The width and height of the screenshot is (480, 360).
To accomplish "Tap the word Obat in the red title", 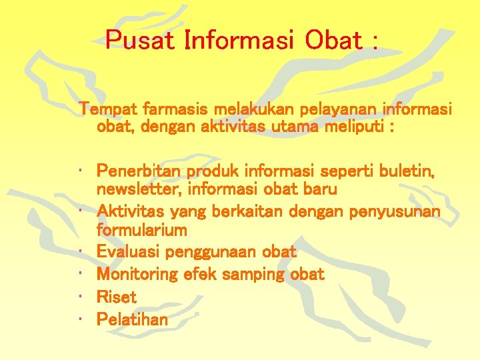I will click(x=333, y=41).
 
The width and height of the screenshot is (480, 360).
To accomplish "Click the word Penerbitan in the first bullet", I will click(x=138, y=171).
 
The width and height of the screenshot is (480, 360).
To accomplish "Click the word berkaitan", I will click(x=249, y=212).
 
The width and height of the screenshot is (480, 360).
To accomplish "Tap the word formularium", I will click(x=141, y=231).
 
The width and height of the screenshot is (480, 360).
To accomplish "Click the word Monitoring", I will click(x=137, y=274).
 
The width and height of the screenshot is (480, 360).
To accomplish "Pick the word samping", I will click(x=255, y=274).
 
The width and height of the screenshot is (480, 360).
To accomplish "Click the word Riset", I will click(x=117, y=297).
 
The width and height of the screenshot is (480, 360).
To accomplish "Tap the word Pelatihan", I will click(x=132, y=319).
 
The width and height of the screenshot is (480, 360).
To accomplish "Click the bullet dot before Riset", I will click(x=81, y=297).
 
